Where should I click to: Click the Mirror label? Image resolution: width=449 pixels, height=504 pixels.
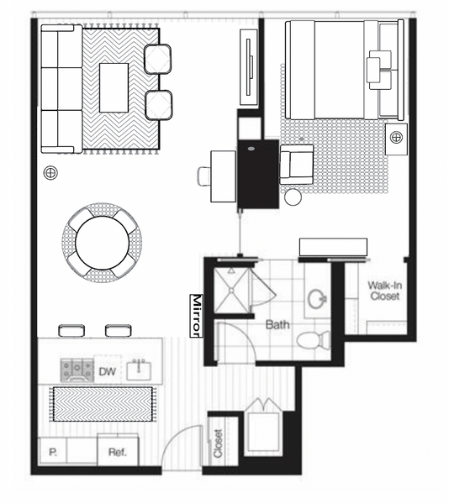coord(197,316)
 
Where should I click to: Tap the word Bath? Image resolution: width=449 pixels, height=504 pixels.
coord(277,325)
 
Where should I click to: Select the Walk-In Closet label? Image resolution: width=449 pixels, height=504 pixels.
coord(384,291)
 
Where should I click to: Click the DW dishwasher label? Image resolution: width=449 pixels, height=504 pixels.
coord(107,371)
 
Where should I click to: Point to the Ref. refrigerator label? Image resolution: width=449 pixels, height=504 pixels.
coord(118,452)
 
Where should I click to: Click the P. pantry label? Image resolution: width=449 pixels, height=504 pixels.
coord(53,452)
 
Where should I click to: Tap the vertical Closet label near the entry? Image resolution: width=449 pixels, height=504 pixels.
coord(218,444)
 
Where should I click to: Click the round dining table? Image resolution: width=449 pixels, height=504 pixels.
coord(103,243)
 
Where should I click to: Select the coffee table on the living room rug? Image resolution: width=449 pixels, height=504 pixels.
coord(114,87)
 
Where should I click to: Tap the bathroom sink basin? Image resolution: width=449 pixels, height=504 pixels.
coord(317,299)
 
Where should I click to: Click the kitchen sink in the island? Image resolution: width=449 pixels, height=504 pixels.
coord(139,370)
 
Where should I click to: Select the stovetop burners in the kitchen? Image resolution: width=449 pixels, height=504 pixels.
coord(77,370)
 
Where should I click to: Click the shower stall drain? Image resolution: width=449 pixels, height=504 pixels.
coord(231,291)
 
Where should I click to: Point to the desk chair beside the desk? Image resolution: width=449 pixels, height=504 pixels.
coord(204,176)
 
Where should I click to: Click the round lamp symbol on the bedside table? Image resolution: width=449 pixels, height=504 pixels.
coord(396,137)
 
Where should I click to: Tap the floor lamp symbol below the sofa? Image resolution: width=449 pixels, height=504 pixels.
coord(50,173)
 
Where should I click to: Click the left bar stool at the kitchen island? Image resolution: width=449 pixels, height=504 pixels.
coord(71,330)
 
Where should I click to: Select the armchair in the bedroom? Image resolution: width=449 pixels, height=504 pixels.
coord(297,165)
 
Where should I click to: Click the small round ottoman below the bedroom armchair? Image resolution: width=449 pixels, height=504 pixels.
coord(293,197)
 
